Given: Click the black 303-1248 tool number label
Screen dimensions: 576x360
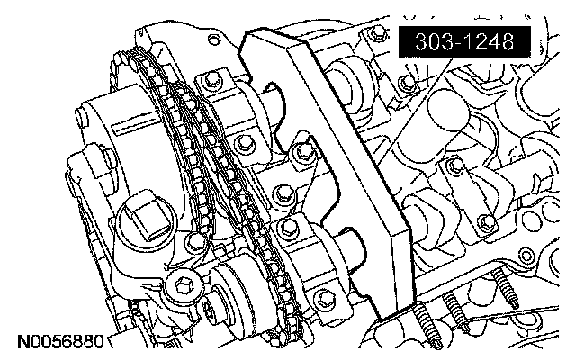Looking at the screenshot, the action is coord(464,42).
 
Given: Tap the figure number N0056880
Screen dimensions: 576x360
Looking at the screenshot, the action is coord(61,342).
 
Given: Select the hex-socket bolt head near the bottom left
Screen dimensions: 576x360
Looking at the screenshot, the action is coord(183,284).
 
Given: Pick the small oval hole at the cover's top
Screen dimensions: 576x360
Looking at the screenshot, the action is coord(213,39).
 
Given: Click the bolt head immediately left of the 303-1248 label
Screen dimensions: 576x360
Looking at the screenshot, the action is coord(376,33).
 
